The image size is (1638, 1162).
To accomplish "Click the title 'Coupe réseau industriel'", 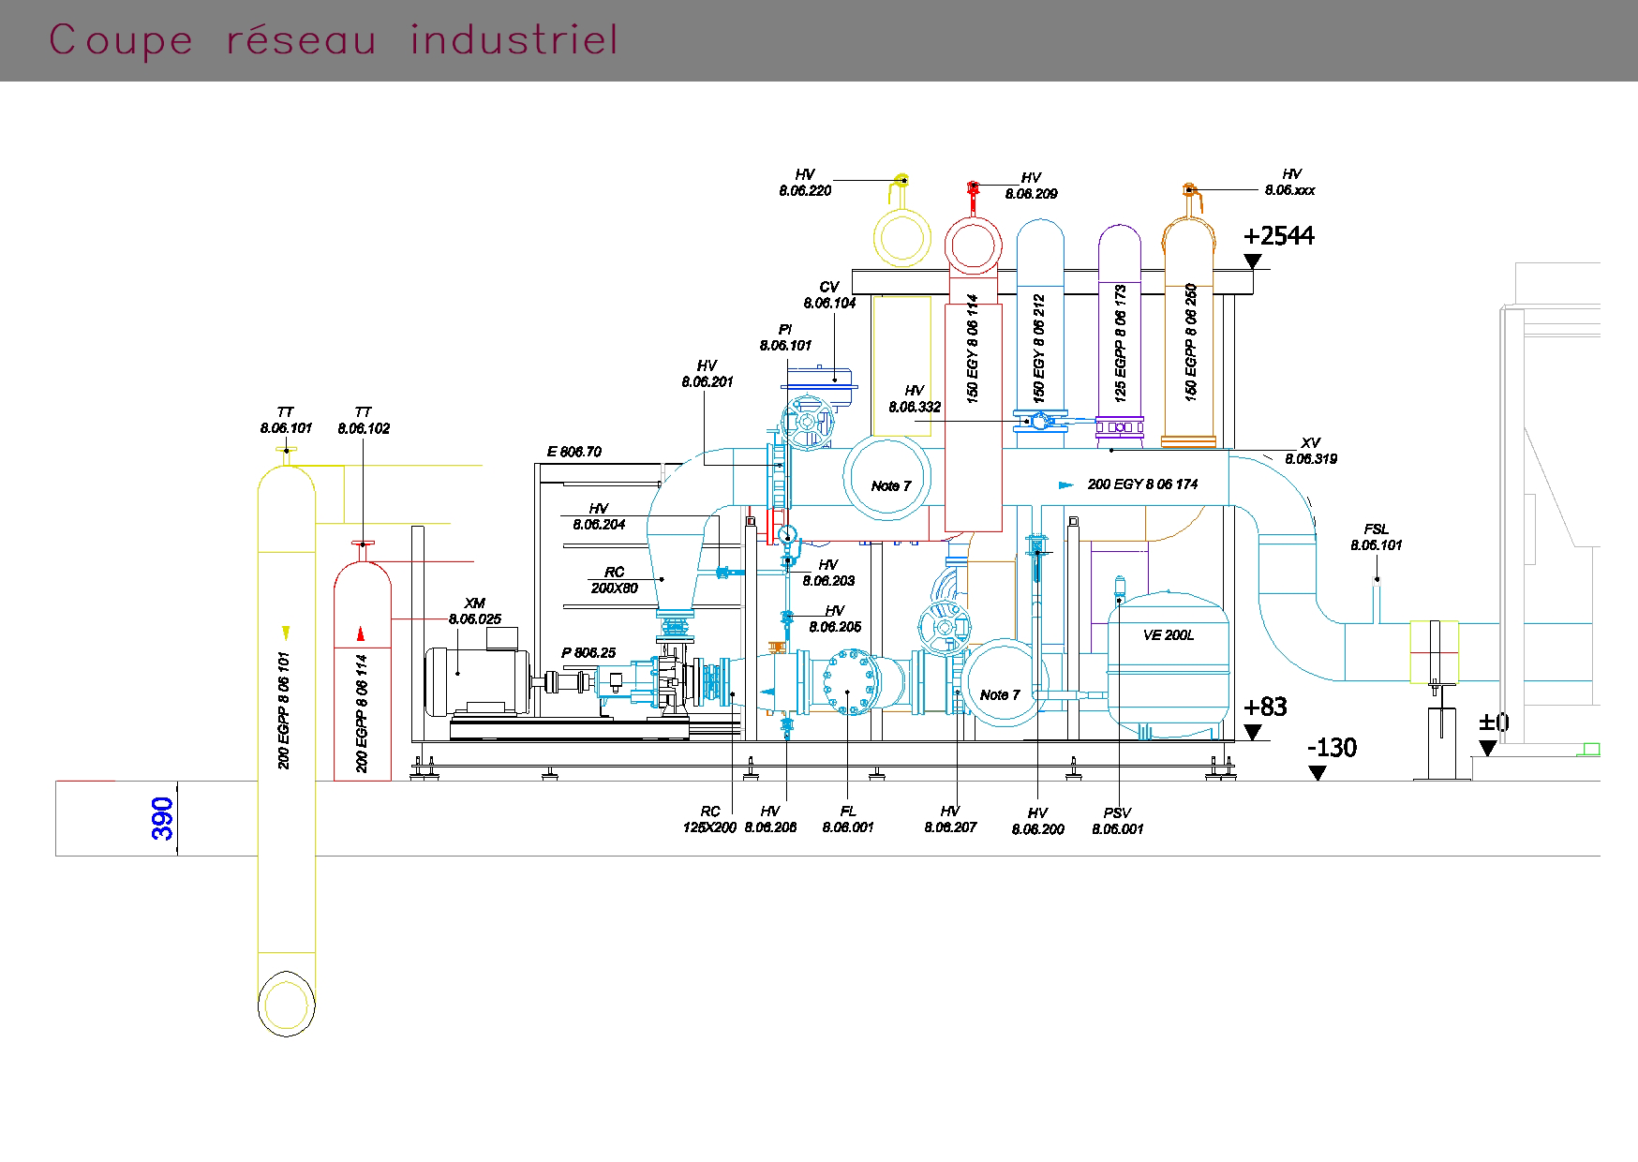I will [334, 40].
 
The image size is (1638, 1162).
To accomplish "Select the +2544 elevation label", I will [1278, 236].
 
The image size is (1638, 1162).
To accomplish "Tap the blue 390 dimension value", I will [163, 818].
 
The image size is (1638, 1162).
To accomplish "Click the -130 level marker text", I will [1331, 748].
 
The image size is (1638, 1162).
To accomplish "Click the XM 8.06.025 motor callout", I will [474, 611].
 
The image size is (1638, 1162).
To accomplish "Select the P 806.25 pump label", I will [588, 653].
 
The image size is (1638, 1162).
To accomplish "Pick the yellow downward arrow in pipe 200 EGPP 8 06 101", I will [286, 633].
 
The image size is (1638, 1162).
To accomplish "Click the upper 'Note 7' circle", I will [887, 480].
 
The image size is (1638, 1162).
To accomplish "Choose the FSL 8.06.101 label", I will [1376, 537].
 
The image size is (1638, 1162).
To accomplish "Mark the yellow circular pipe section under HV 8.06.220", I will [901, 240].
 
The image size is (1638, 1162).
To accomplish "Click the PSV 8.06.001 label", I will [1117, 821].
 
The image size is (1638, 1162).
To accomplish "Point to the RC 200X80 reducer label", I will [614, 580].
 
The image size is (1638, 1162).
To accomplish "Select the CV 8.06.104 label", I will [829, 295].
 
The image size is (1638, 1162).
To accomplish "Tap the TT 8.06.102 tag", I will [364, 420].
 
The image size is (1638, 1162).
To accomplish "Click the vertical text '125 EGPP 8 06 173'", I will [1121, 343].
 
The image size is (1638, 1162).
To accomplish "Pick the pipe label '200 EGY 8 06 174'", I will [1142, 484].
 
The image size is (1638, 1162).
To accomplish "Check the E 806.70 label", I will [574, 452].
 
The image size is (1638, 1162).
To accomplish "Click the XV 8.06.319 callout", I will [1310, 451].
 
